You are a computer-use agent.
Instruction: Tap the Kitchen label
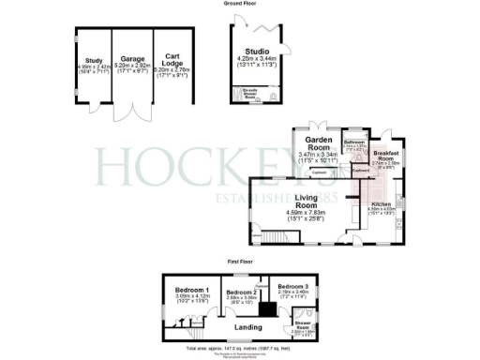click(x=381, y=203)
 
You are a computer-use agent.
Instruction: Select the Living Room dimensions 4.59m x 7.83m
click(x=304, y=212)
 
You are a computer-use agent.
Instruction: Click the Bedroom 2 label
click(x=242, y=293)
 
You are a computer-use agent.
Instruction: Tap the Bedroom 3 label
click(x=292, y=285)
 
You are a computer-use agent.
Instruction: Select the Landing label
click(x=248, y=325)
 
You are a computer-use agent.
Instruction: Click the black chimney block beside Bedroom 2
click(x=267, y=307)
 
